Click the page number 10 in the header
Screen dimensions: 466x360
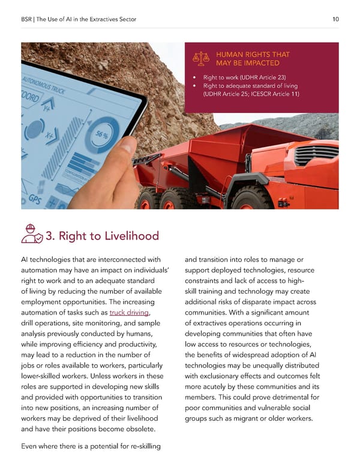335,19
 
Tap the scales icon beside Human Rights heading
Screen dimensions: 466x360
200,58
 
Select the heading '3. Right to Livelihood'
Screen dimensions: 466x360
102,235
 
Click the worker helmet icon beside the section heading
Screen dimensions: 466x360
31,234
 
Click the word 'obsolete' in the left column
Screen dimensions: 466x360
139,429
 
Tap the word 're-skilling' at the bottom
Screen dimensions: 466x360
139,446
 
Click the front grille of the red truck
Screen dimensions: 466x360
316,154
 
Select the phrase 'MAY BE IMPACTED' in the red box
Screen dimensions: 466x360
247,63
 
